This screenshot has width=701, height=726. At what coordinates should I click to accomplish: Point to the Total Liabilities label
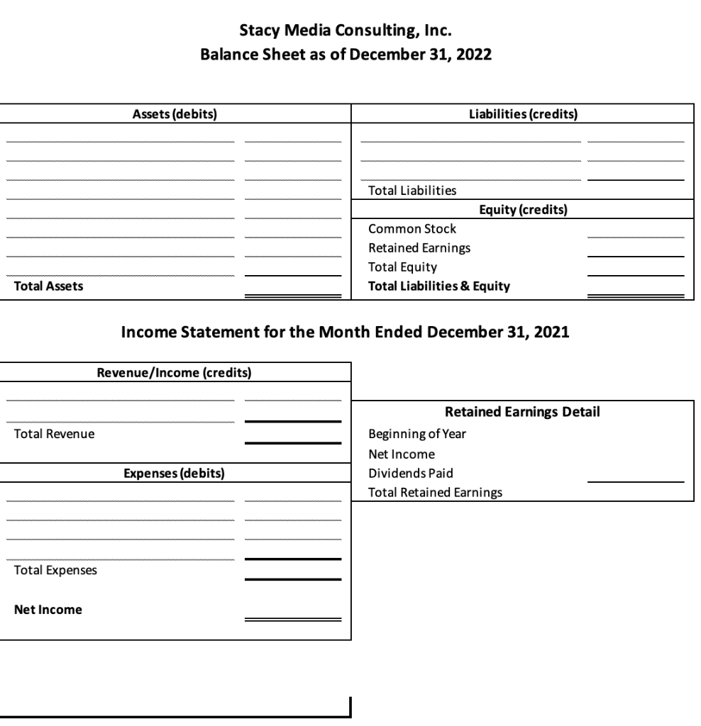pos(412,191)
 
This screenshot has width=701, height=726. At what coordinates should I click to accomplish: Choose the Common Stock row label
pos(412,229)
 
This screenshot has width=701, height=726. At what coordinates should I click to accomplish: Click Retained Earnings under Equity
pos(419,248)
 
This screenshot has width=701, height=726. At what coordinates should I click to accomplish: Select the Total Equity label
pos(402,267)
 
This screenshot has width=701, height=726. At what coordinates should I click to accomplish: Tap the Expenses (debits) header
pos(175,474)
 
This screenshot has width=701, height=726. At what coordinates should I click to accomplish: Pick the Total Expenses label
pos(55,570)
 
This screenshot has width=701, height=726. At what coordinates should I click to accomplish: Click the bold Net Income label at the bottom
pos(48,609)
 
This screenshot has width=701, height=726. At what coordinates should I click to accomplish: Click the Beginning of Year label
pos(417,434)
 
